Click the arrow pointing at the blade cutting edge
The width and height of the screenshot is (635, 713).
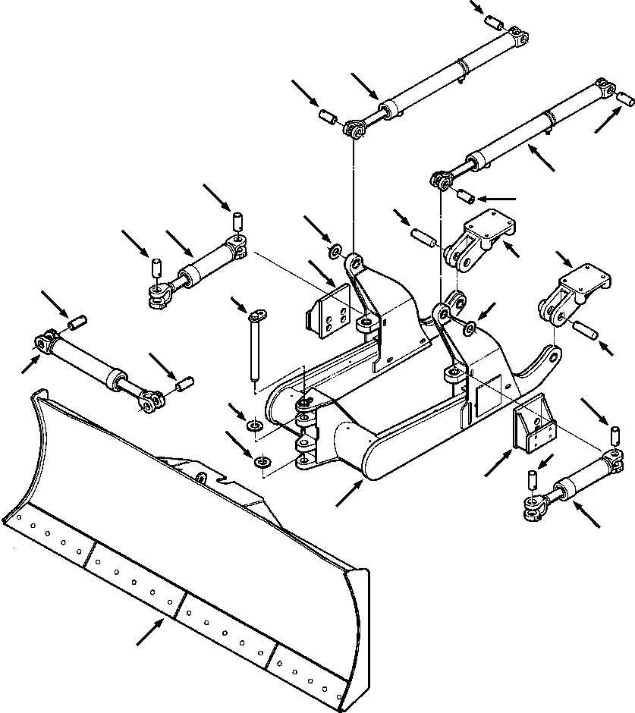pos(149,633)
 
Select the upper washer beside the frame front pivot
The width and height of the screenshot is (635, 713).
pos(253,422)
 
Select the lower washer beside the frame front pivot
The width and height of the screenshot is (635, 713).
pos(263,462)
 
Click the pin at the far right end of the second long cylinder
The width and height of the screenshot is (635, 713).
pos(626,99)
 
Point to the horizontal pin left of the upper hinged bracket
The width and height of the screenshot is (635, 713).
pos(423,234)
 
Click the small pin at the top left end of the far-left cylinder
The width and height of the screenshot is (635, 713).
pos(75,324)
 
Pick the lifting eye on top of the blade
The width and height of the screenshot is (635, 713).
pos(202,479)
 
